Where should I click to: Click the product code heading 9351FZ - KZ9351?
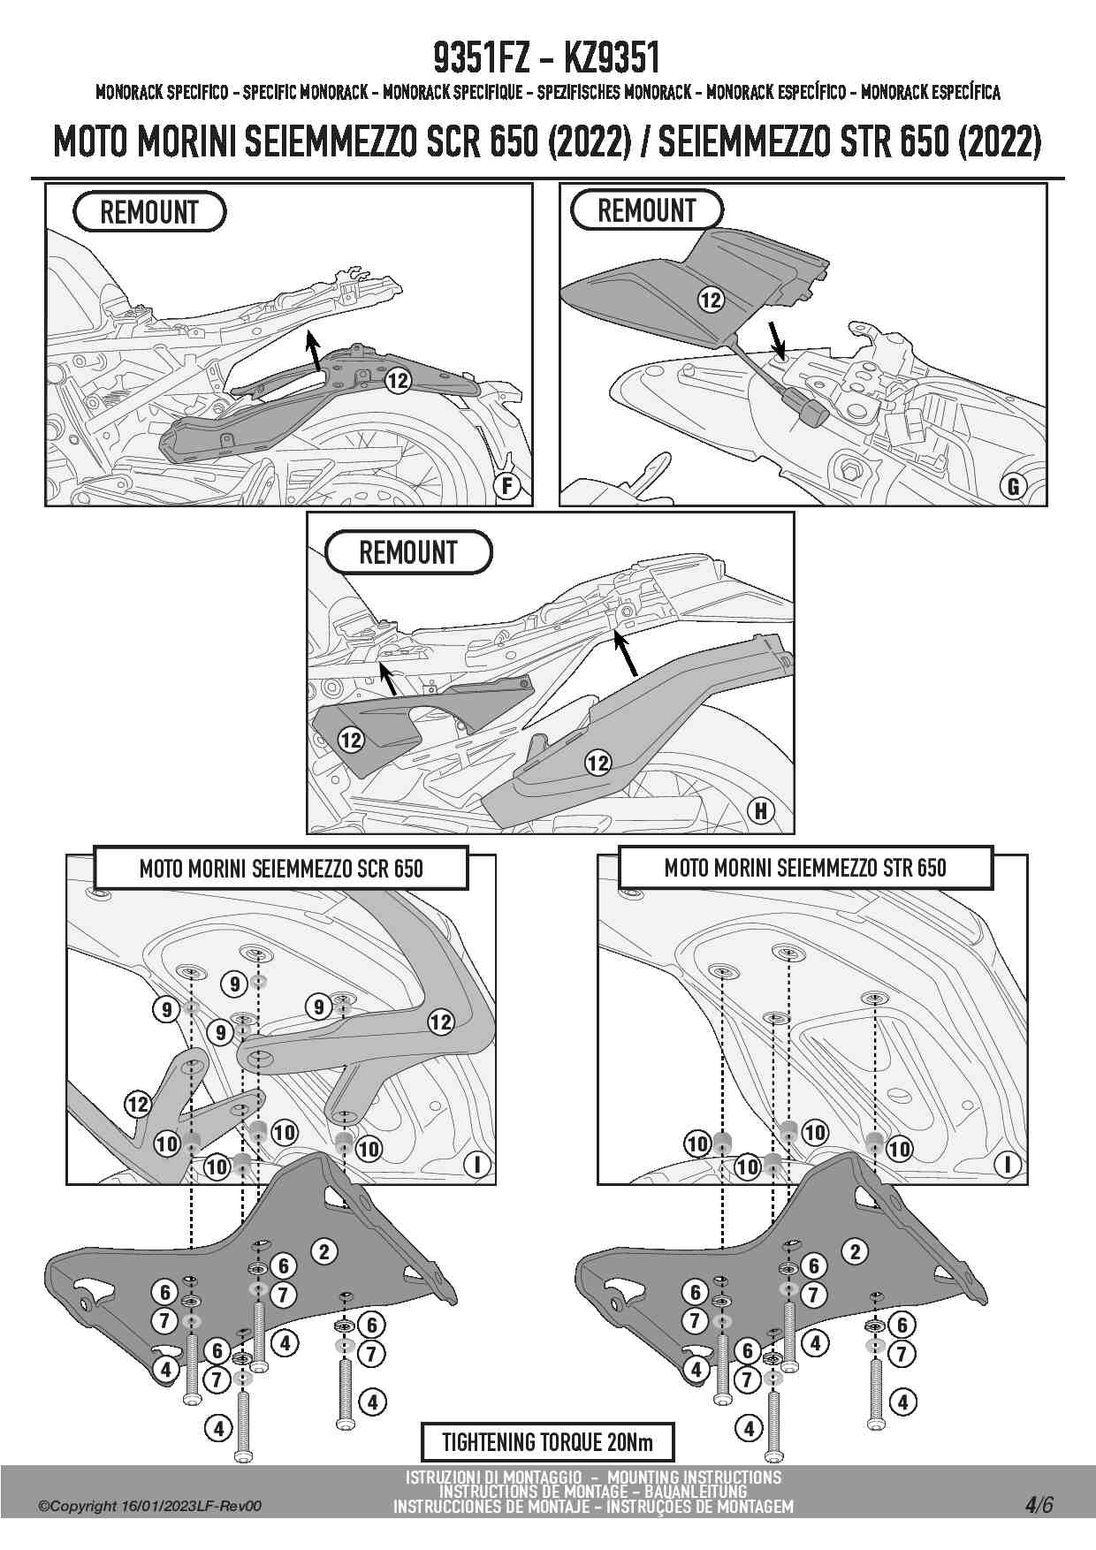[546, 59]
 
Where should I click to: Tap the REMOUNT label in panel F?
[149, 212]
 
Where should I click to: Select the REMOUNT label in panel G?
[647, 210]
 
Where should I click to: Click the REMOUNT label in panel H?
[408, 552]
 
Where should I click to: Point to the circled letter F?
[506, 486]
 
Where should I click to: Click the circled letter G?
[1013, 485]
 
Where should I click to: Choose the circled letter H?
[760, 810]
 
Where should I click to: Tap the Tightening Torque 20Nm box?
[547, 1442]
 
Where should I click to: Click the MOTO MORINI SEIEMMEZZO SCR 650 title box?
[281, 868]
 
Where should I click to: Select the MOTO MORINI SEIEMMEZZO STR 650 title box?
[805, 867]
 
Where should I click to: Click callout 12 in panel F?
[399, 380]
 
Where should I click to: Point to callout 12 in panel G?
[711, 300]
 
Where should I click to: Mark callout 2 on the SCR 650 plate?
[324, 1250]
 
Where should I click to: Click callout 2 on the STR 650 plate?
[855, 1250]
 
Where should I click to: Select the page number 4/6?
[1039, 1505]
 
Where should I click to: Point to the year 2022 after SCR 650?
[588, 141]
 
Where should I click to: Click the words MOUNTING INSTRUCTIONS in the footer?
[695, 1477]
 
